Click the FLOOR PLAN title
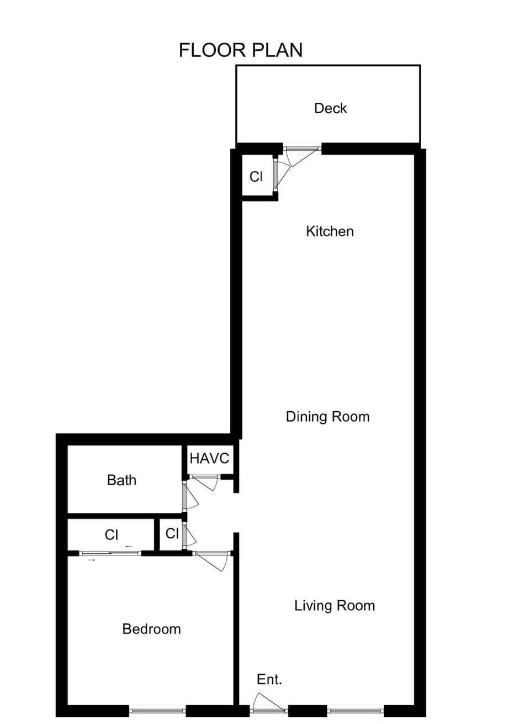tap(241, 50)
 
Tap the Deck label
tap(330, 108)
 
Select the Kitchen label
tap(330, 231)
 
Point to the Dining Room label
tap(327, 417)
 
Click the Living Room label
tap(334, 606)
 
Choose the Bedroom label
tap(151, 629)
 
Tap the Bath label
tap(121, 480)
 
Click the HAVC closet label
tap(209, 458)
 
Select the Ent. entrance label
tap(269, 679)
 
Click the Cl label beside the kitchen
tap(256, 176)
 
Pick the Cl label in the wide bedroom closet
tap(112, 534)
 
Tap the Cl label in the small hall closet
tap(172, 533)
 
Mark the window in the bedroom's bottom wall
tap(157, 711)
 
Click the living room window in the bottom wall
tap(356, 711)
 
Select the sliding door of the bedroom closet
tap(110, 553)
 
